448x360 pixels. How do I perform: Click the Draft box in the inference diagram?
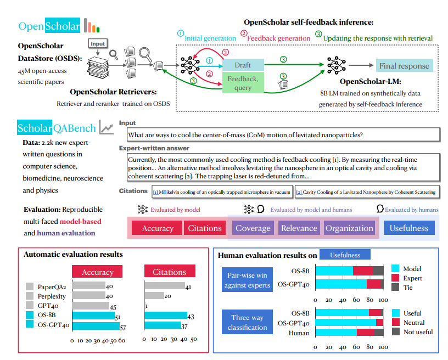click(x=243, y=65)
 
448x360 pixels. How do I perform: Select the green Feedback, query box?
click(x=243, y=83)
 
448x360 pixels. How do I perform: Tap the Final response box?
click(x=404, y=66)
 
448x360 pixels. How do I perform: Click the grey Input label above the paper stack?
click(x=98, y=43)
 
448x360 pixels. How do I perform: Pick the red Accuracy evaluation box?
click(x=158, y=228)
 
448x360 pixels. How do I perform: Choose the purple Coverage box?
click(x=253, y=228)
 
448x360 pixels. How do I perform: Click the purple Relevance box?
click(x=299, y=228)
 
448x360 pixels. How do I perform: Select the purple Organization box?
click(x=349, y=228)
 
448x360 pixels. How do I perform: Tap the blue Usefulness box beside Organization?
click(x=409, y=228)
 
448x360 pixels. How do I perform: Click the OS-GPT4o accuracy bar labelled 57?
click(x=96, y=325)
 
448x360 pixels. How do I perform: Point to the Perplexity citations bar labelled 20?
click(x=154, y=296)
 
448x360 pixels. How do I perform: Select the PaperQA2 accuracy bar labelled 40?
click(x=88, y=286)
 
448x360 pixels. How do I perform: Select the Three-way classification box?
click(x=247, y=322)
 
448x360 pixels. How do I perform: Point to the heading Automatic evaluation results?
click(x=73, y=255)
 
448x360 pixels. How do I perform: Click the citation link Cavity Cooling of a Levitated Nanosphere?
click(x=366, y=192)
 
